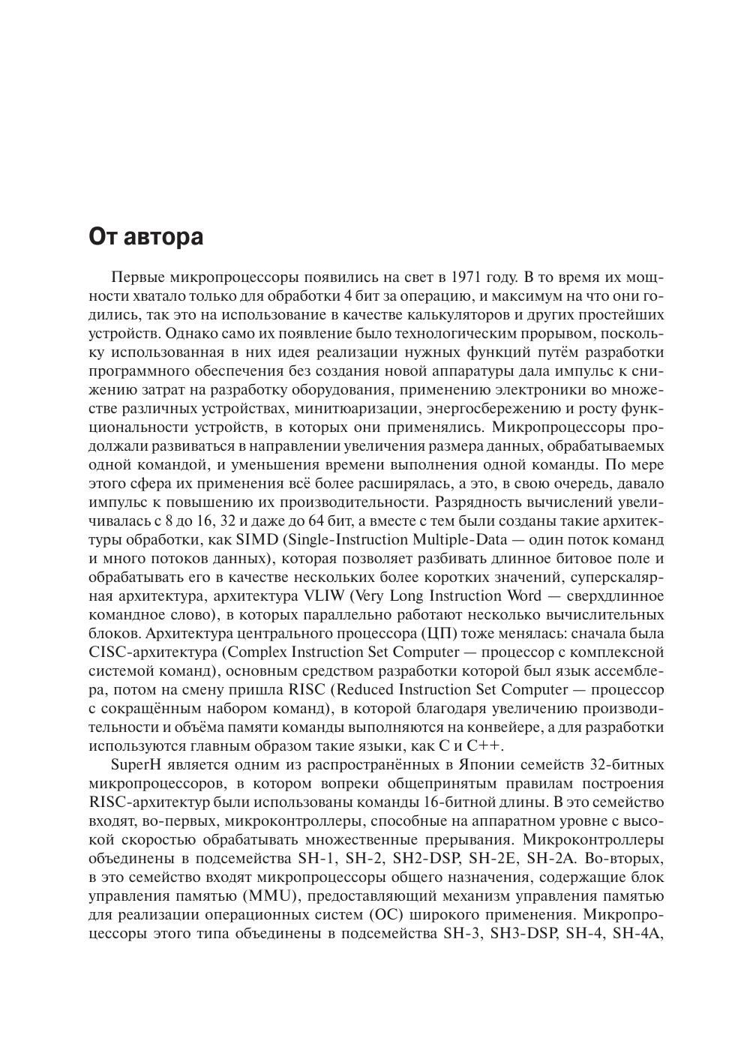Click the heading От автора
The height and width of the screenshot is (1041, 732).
pyautogui.click(x=145, y=237)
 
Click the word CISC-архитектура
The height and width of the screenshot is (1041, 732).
pyautogui.click(x=151, y=652)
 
